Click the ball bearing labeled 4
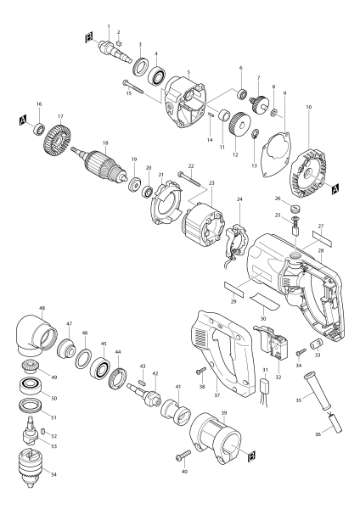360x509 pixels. (x=155, y=75)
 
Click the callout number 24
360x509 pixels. (x=239, y=199)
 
